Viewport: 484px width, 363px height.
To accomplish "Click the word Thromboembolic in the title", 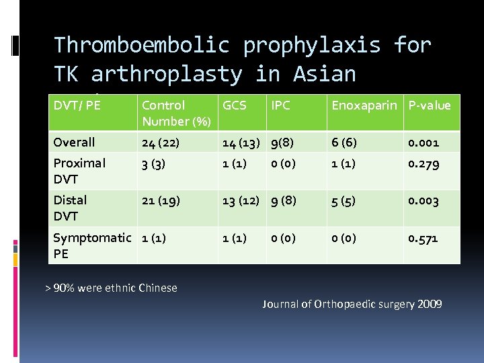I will coord(142,45).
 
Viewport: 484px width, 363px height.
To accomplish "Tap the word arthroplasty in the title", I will coord(167,74).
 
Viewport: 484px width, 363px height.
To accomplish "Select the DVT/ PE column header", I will coord(76,105).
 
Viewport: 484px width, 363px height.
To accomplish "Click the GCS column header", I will coord(234,105).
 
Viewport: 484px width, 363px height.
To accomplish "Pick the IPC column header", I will coord(280,105).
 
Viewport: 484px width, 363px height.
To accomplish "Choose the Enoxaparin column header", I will coord(366,105).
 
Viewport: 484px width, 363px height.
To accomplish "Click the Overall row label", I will coord(74,142).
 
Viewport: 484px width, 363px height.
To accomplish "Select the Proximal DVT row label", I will coord(79,171).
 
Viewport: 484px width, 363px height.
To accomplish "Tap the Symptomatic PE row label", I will coord(92,245).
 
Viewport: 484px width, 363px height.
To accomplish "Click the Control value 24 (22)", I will coord(161,142).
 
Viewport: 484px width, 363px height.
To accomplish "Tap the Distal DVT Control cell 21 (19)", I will coord(161,200).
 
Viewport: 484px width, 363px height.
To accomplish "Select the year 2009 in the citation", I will coord(429,304).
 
